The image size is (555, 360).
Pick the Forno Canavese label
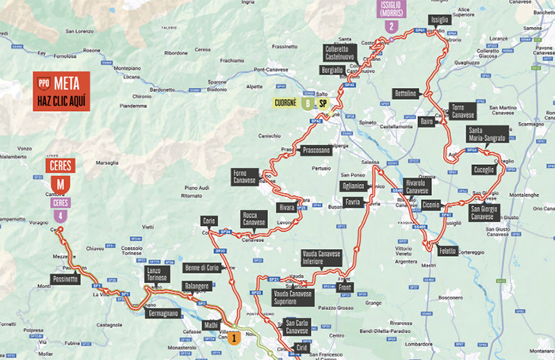coord(244,176)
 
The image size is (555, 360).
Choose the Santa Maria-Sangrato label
coord(487,134)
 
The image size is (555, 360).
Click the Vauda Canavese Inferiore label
coord(323,258)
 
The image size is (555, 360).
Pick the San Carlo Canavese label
coord(297,327)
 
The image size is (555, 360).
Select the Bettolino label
coord(404,94)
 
